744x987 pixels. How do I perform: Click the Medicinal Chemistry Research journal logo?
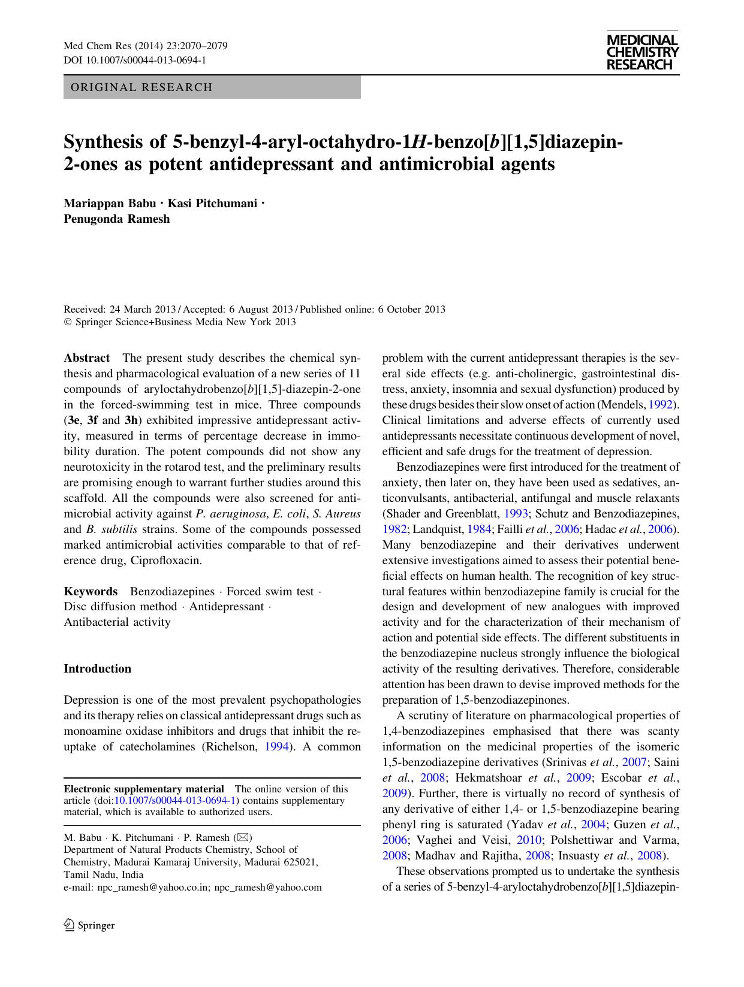click(642, 52)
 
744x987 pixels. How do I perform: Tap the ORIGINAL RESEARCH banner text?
click(141, 87)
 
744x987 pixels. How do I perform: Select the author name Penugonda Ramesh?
click(117, 219)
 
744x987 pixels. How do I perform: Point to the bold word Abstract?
click(87, 358)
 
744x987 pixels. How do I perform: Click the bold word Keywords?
click(91, 592)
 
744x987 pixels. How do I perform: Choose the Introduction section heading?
click(97, 669)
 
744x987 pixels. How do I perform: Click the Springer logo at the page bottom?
click(89, 925)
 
